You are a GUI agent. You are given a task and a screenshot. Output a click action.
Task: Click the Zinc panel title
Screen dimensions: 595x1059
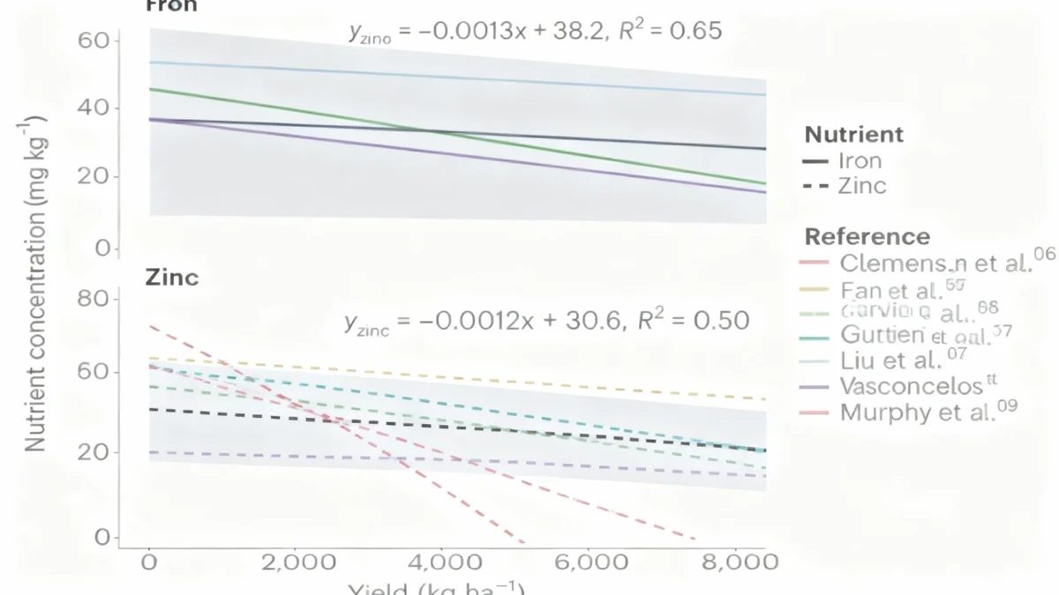click(x=172, y=278)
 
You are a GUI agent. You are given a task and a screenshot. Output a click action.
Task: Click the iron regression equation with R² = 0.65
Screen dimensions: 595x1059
click(x=535, y=33)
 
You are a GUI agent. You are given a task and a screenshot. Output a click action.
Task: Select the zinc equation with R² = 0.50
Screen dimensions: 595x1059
click(x=546, y=320)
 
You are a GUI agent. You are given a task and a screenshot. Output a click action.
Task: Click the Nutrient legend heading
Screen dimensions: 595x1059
click(x=853, y=135)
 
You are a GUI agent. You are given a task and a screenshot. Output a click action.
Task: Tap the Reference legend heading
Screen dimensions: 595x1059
click(x=867, y=237)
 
